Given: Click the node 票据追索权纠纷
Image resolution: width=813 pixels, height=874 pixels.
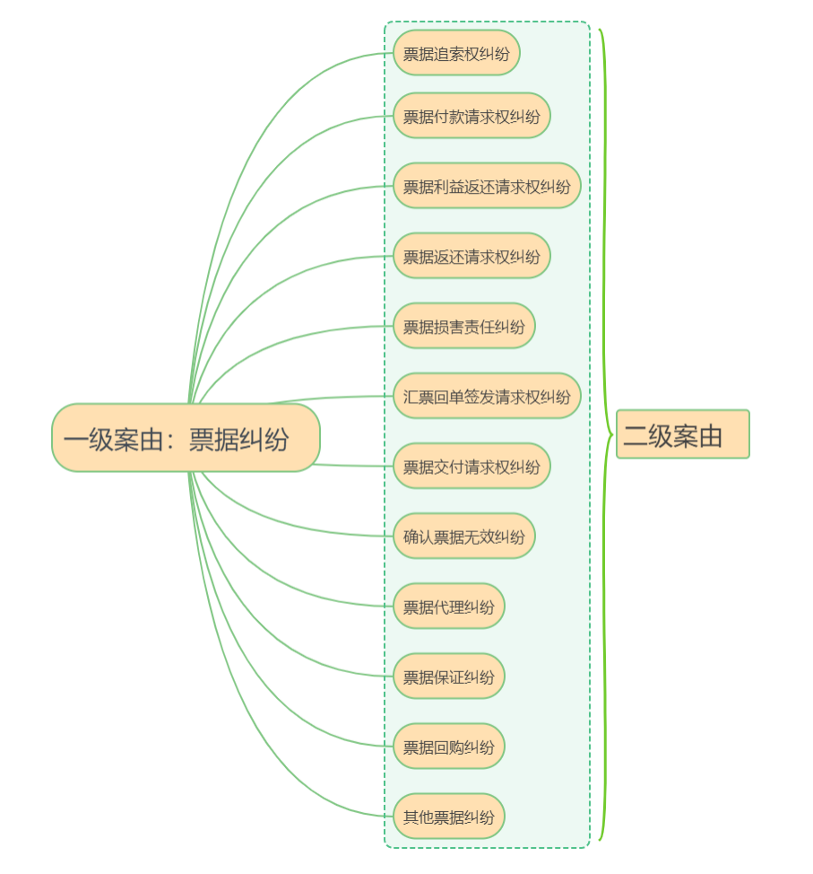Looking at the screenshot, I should [456, 53].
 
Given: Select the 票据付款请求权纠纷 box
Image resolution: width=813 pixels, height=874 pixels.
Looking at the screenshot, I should [471, 116].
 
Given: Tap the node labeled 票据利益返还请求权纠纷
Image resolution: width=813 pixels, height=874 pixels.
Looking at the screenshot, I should [487, 186].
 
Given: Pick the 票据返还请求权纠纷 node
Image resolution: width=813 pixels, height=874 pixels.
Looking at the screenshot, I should [471, 256].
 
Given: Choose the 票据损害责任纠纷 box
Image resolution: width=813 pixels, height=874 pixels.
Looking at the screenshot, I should [463, 326].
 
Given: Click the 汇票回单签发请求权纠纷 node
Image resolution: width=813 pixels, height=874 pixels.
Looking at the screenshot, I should [487, 396].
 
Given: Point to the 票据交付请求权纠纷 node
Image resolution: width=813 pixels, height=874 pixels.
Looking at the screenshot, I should [471, 466].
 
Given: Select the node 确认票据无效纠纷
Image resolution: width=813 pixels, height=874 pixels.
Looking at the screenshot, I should [463, 536].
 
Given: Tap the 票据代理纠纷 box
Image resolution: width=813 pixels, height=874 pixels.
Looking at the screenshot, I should [448, 606].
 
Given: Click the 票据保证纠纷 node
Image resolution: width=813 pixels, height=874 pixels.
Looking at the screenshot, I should [448, 676].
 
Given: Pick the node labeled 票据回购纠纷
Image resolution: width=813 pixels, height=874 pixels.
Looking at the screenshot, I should [448, 746].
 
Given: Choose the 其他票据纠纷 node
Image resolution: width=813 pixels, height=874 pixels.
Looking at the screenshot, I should [448, 816].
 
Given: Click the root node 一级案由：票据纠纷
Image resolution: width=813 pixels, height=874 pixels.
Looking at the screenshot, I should [186, 438].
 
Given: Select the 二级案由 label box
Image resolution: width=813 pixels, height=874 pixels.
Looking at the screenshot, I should [682, 434].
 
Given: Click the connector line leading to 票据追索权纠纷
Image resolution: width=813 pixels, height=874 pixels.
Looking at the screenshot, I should [269, 99].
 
